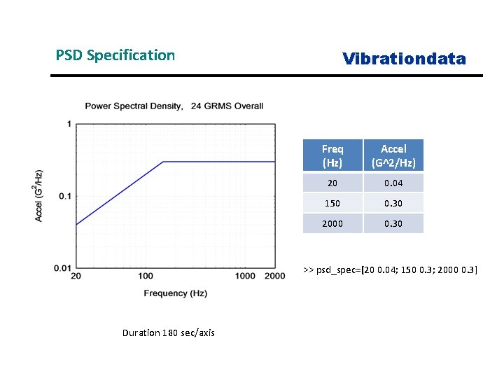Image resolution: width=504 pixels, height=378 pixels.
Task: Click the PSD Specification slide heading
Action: coord(115,55)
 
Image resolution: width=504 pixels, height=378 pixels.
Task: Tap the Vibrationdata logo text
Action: coord(404,59)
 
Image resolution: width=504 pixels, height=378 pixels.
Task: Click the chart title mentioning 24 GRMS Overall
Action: coord(174,106)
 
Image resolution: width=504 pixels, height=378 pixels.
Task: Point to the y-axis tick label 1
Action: coord(69,125)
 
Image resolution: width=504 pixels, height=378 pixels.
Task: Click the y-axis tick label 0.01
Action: coord(62,268)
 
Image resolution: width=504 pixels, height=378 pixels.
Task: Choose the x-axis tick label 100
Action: coord(146,276)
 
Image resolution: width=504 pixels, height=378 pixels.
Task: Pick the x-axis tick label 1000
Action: coord(246,276)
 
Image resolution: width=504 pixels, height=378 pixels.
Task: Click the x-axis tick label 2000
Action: coord(275,276)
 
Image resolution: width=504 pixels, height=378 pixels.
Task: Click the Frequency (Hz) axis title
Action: coord(176,293)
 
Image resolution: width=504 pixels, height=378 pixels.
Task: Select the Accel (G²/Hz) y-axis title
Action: coord(39,196)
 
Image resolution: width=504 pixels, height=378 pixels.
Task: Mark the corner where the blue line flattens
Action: coord(163,162)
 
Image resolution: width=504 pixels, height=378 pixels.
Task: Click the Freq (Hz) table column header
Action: coord(332,155)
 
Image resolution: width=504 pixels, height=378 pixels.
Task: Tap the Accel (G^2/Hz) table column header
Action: coord(393,155)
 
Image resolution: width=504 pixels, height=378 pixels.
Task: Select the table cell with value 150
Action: coord(332,203)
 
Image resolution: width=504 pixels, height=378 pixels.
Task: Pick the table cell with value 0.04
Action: coord(393,183)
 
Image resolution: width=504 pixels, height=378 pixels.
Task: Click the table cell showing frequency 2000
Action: coord(332,223)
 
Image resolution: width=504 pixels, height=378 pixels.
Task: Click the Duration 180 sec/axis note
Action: coord(168,332)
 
